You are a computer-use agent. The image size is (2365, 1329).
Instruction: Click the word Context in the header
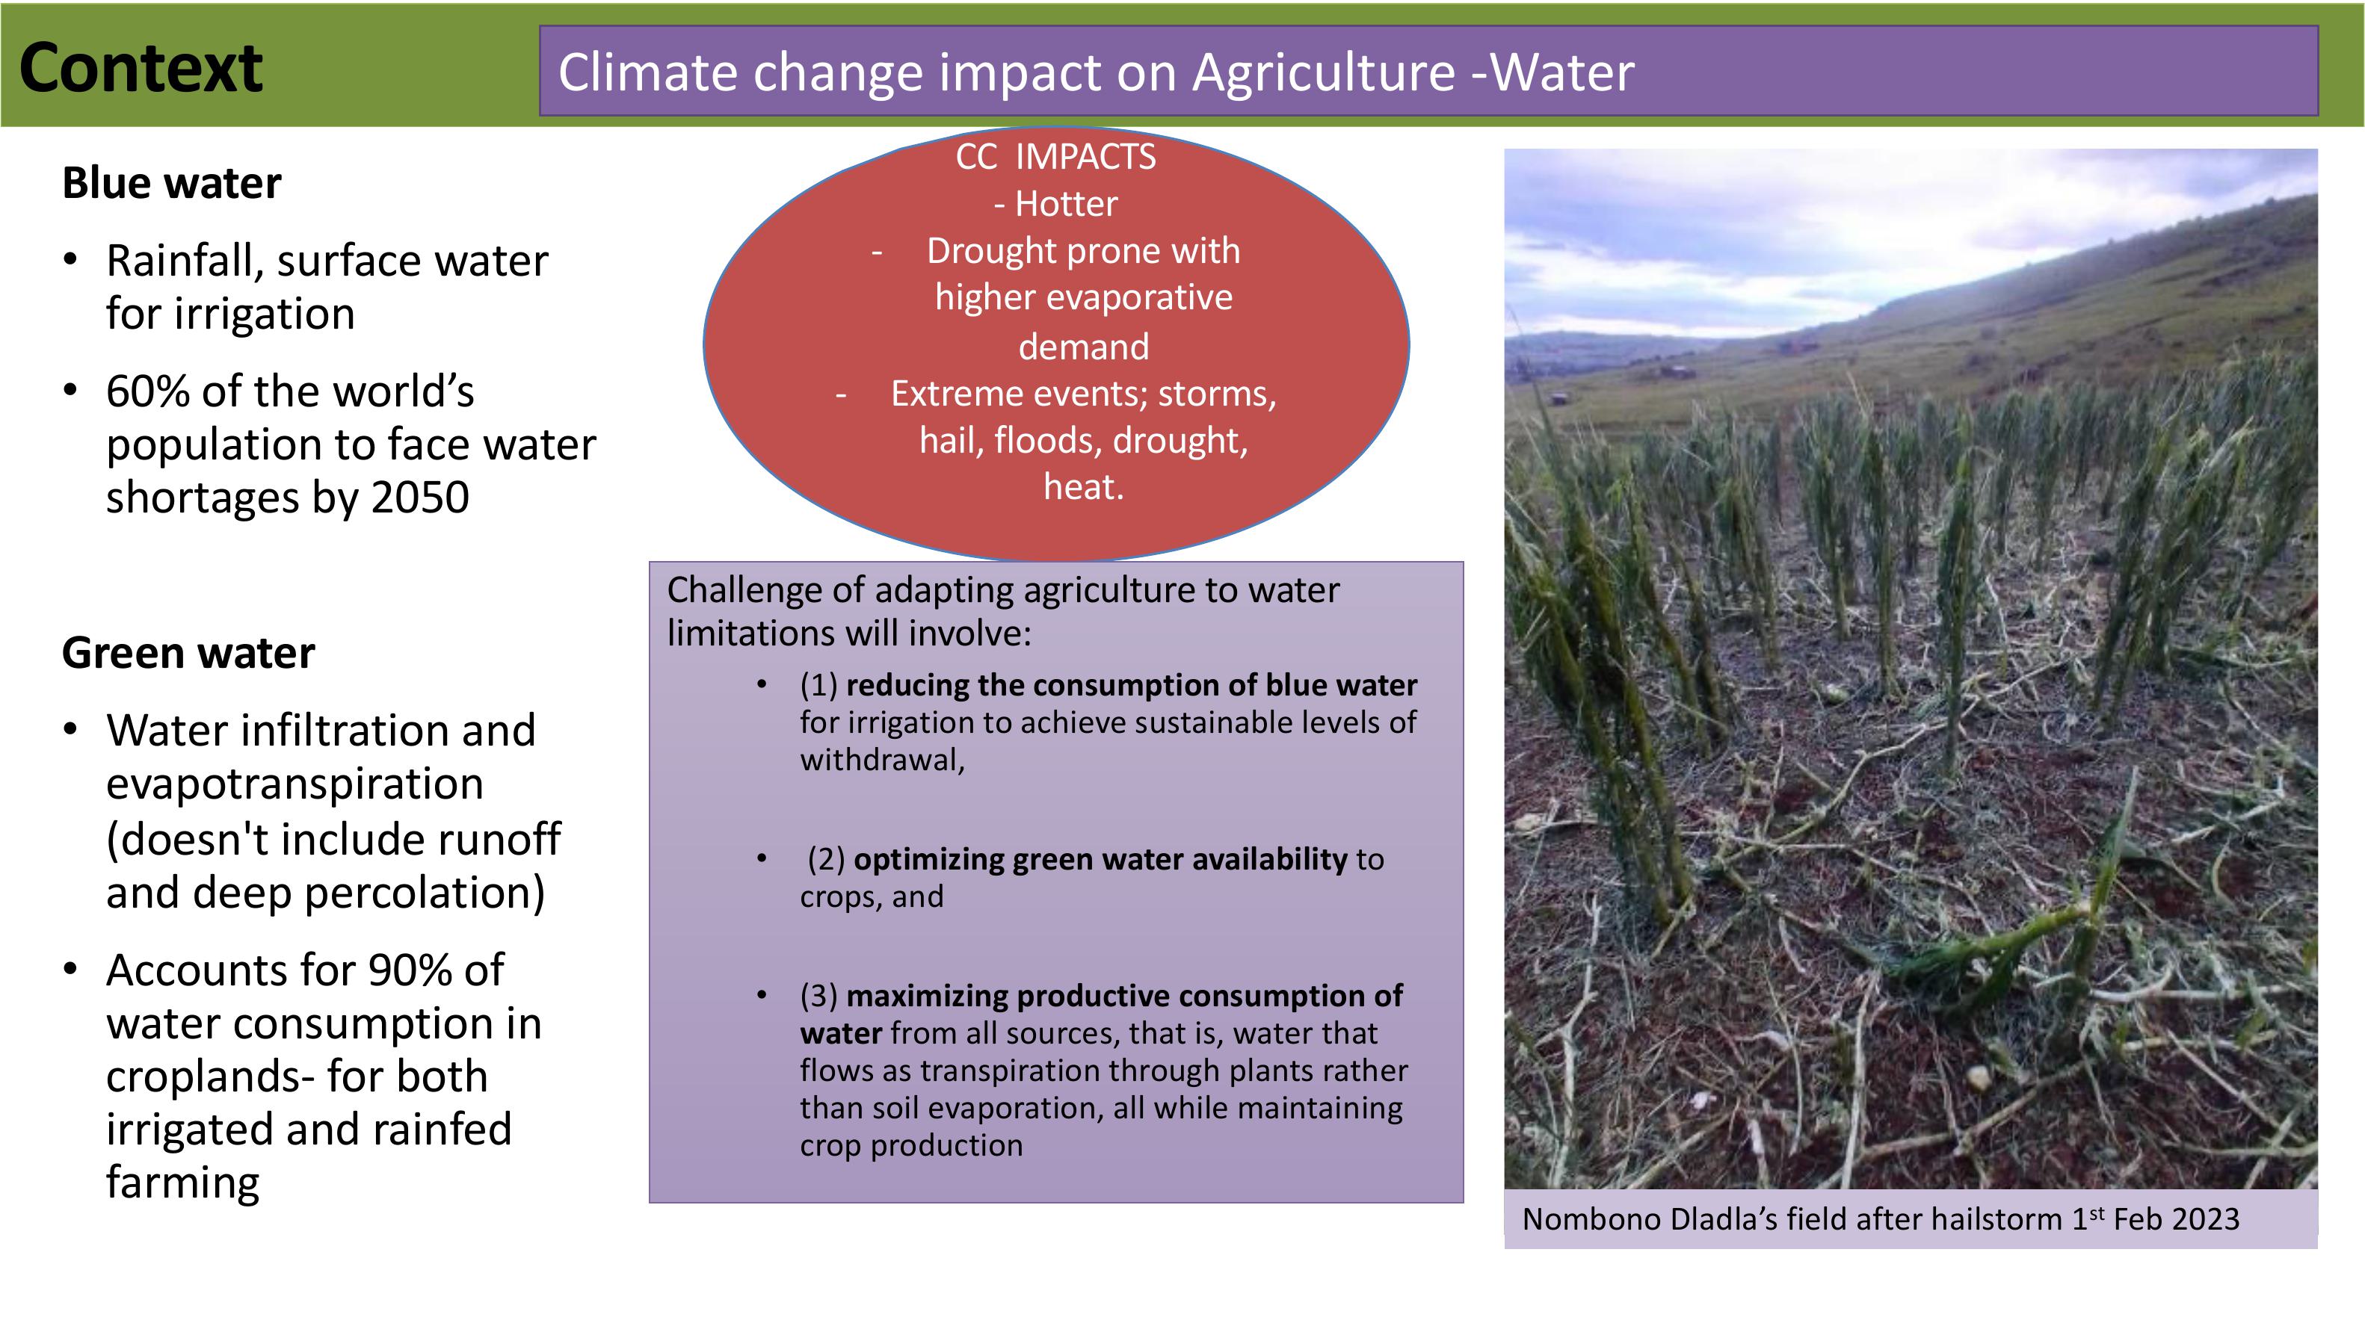(141, 68)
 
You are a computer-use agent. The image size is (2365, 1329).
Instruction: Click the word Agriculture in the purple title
(1324, 73)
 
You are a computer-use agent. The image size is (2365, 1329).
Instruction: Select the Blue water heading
(172, 182)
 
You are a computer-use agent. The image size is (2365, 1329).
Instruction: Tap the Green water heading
(188, 653)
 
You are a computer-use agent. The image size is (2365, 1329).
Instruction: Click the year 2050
(421, 498)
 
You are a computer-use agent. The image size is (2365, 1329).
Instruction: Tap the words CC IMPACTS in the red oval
(1055, 157)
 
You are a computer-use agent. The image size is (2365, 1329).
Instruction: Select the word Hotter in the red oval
(1067, 204)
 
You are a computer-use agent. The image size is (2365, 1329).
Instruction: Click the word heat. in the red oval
(1083, 486)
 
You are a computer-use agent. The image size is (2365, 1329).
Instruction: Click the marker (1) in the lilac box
(819, 686)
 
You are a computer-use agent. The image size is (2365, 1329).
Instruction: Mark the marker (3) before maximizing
(819, 996)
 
